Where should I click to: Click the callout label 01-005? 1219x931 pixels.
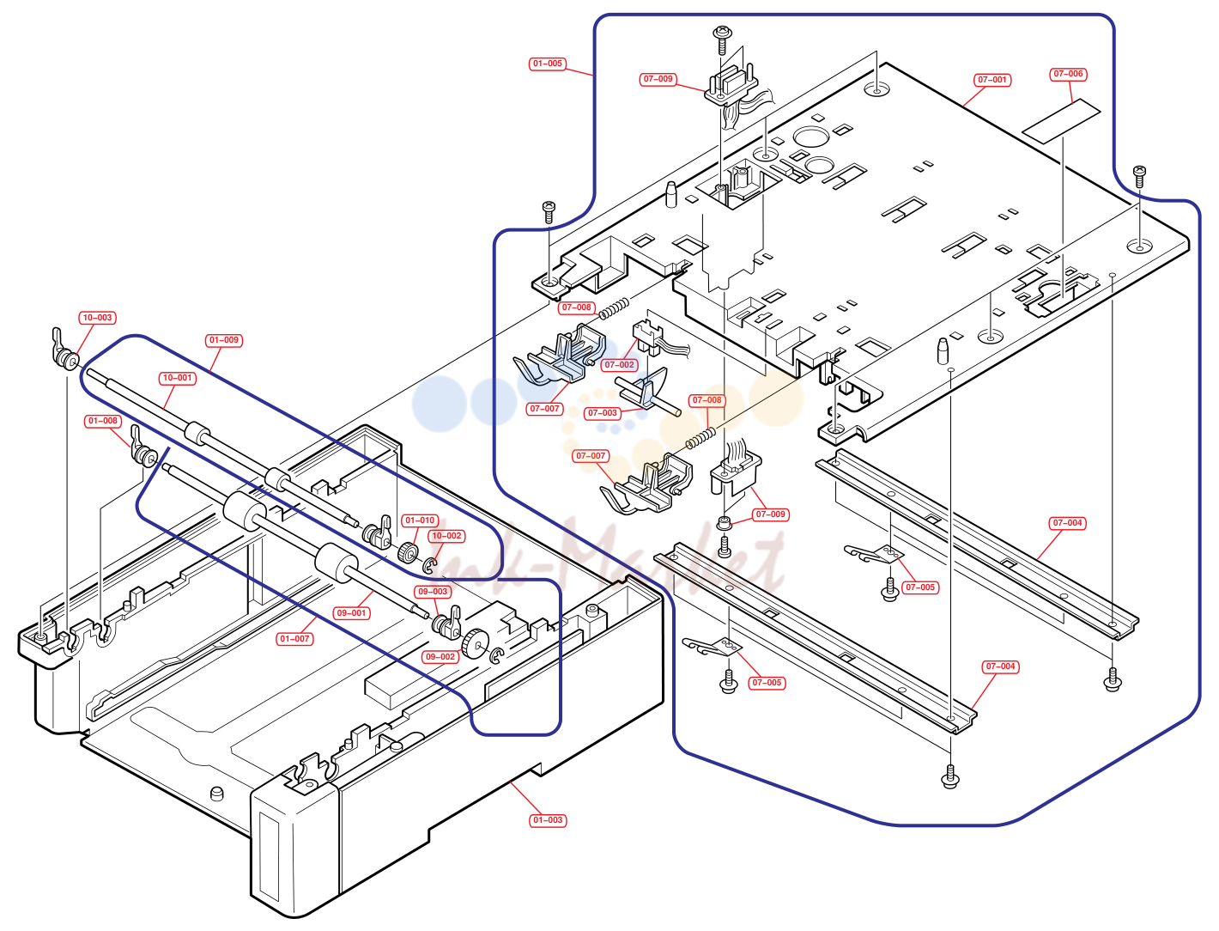click(x=547, y=64)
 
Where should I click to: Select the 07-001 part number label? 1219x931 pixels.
click(x=992, y=79)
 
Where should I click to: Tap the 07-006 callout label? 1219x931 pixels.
click(x=1068, y=74)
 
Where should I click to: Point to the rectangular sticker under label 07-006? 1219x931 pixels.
click(x=1061, y=121)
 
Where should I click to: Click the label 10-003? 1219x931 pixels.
click(x=97, y=318)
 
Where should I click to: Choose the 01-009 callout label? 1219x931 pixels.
click(x=224, y=340)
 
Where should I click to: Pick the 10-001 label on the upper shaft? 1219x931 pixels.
click(x=177, y=378)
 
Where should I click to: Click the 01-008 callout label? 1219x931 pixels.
click(x=103, y=421)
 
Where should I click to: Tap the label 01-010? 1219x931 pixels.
click(x=420, y=520)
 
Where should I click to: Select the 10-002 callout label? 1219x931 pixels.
click(x=446, y=536)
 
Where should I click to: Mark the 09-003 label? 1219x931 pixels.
click(x=433, y=592)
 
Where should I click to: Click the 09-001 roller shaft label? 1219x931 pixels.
click(x=351, y=613)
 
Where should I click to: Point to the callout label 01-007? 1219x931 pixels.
click(x=294, y=639)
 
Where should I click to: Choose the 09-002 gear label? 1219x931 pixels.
click(x=440, y=656)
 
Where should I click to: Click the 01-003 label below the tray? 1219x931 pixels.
click(x=548, y=820)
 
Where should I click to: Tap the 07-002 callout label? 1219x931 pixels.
click(x=619, y=365)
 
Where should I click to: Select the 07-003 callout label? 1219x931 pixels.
click(x=603, y=413)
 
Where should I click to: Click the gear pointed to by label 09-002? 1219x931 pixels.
click(x=474, y=643)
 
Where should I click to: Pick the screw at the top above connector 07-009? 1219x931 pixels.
click(x=721, y=39)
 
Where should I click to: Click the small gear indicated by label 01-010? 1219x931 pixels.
click(x=408, y=552)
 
